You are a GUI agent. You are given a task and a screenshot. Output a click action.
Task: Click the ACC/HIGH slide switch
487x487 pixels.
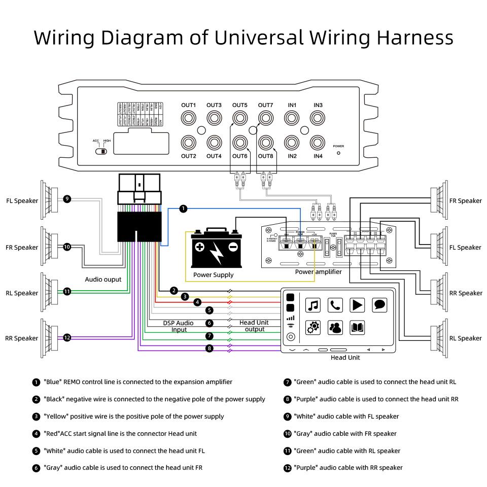102,151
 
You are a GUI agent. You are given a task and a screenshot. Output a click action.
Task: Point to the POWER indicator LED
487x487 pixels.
338,152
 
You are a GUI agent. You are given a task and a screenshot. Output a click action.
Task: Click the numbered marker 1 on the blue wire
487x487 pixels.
184,208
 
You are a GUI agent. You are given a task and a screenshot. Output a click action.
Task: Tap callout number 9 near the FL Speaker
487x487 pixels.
67,199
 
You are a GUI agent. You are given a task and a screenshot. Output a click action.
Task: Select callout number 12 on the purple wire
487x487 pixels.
67,337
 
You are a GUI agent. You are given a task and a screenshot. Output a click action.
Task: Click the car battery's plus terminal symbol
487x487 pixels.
200,248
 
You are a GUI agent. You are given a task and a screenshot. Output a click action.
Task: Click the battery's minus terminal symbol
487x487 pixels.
233,248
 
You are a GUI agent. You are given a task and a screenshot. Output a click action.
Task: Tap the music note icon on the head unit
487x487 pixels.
313,305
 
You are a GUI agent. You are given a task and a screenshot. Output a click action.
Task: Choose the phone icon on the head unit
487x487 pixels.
335,305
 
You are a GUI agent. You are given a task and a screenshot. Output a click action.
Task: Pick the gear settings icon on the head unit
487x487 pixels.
313,328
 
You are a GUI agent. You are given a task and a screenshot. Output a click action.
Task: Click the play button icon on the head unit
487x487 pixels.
358,305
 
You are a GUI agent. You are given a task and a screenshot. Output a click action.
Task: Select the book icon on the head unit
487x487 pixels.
358,328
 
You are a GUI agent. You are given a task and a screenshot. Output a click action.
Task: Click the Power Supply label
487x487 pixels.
214,275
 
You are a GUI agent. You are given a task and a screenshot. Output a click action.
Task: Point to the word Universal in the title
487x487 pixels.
260,38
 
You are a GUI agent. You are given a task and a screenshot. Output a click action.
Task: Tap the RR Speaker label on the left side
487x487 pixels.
22,338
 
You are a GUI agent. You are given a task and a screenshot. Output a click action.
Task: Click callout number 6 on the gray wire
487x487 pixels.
210,323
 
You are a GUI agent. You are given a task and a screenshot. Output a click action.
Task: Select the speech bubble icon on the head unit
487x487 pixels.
380,305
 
